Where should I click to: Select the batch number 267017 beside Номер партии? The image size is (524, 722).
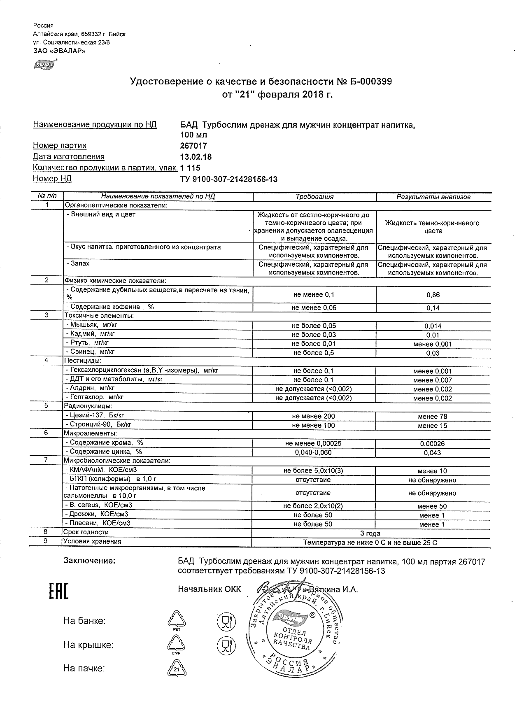[193, 146]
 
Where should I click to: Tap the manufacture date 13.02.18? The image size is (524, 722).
[196, 157]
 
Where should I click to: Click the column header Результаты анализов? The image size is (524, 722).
[433, 197]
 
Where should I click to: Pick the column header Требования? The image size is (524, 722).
[314, 197]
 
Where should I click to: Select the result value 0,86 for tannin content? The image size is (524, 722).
[433, 295]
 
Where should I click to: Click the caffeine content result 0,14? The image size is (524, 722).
[433, 308]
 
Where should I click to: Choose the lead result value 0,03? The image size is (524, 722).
[433, 353]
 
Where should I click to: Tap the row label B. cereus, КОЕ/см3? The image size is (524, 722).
[99, 505]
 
